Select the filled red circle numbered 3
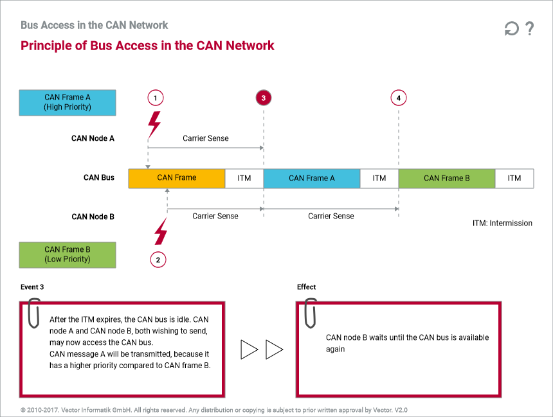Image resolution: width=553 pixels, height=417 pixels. point(264,98)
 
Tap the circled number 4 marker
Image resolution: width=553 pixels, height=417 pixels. point(399,98)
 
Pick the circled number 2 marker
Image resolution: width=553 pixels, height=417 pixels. point(158,260)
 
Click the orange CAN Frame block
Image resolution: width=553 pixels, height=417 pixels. point(177,178)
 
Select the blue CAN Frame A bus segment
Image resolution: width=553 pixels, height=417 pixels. point(312,178)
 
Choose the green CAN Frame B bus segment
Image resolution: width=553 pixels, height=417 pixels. point(447,178)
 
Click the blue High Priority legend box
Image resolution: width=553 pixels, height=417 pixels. point(68,102)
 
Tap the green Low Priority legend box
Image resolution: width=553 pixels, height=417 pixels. point(68,254)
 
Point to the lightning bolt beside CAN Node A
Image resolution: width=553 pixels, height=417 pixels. point(154,123)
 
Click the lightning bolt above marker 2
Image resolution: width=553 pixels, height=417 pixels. point(160,231)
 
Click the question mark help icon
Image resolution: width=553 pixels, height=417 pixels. point(529,29)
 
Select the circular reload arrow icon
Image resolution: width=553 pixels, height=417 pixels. point(511,29)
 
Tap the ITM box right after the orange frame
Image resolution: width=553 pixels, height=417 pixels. point(244,178)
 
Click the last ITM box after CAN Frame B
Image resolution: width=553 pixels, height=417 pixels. point(514,178)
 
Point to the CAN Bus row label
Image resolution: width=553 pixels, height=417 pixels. point(99,177)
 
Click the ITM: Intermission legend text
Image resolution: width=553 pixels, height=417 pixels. point(502,223)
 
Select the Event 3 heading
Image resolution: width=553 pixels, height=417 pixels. point(32,287)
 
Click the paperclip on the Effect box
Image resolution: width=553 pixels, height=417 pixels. point(311,312)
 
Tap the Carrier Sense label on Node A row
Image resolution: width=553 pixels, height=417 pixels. point(206,138)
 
